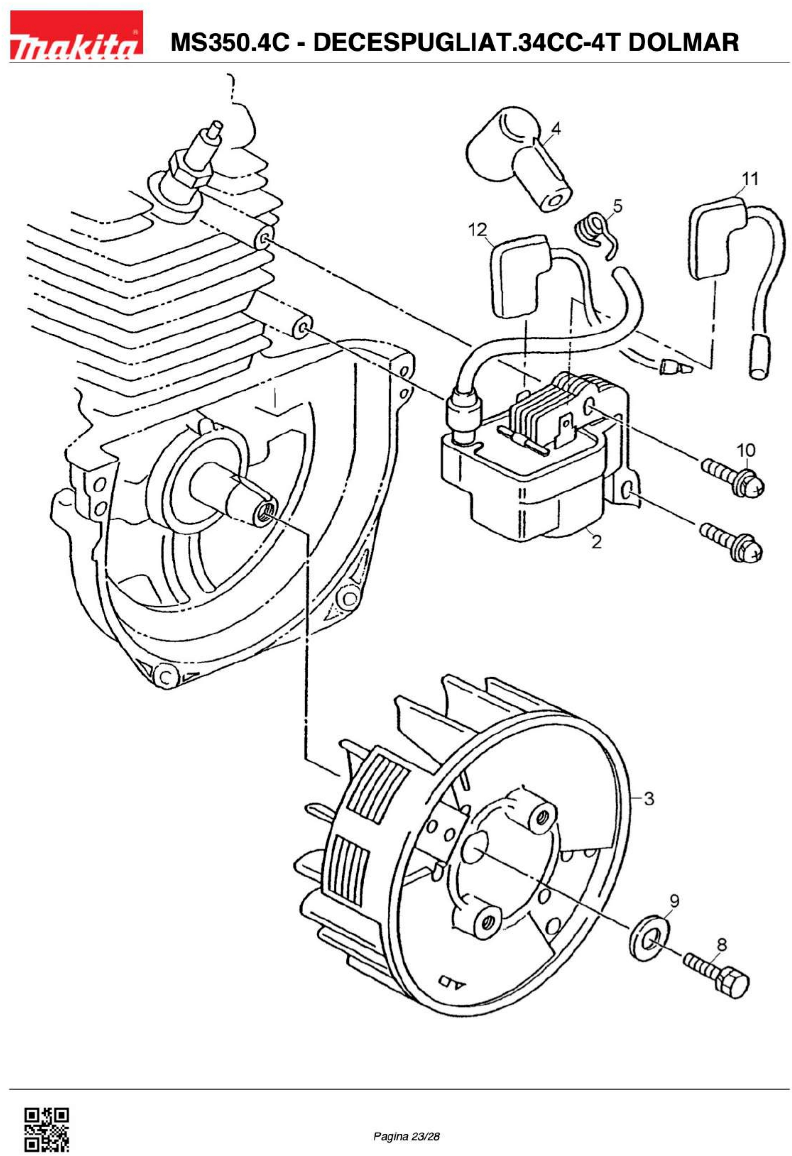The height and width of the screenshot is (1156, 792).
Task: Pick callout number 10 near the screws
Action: coord(745,450)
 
